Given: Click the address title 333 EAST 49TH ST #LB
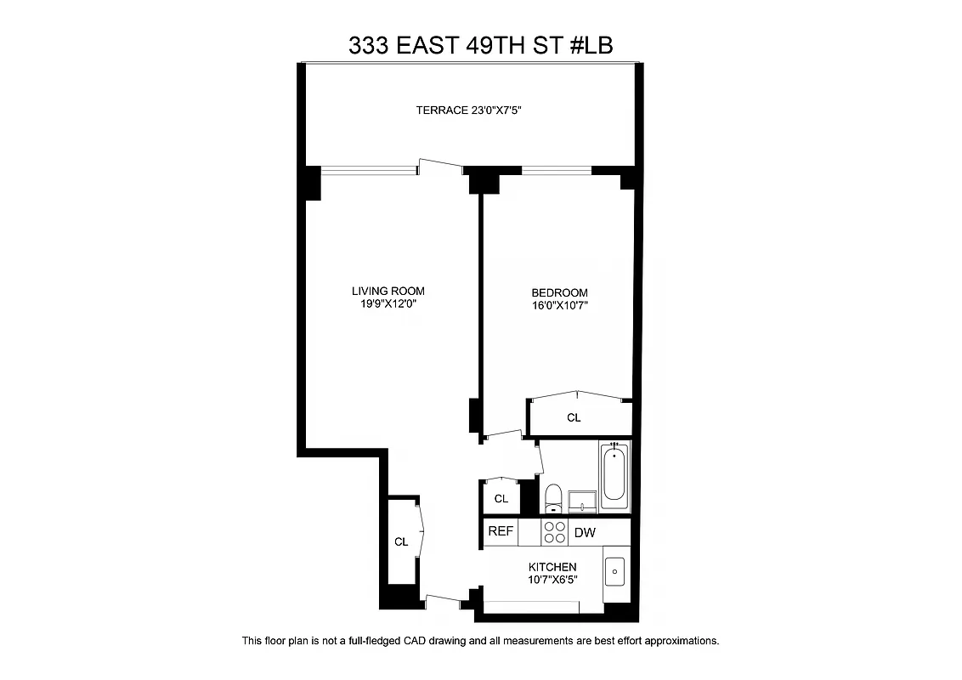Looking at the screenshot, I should click(x=480, y=45).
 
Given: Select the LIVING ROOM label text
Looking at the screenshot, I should click(x=388, y=291).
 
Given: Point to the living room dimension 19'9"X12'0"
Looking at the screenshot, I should click(x=388, y=304).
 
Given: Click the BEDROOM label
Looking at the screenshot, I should click(x=559, y=292).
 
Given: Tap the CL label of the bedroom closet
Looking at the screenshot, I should click(x=574, y=417).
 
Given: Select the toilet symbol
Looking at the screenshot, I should click(x=553, y=498).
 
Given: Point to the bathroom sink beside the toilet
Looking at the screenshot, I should click(x=582, y=501).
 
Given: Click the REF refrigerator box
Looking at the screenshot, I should click(x=500, y=532).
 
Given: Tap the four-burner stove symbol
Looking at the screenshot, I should click(x=554, y=532).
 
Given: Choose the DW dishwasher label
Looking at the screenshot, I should click(x=585, y=533).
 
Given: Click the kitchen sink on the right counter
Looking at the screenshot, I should click(x=615, y=570).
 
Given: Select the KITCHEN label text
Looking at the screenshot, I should click(x=552, y=567).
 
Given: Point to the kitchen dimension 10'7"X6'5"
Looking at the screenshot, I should click(x=552, y=581).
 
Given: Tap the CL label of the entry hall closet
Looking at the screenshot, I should click(x=401, y=541).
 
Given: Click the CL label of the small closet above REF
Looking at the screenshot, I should click(x=501, y=499).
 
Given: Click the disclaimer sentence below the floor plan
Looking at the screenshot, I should click(x=480, y=640).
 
